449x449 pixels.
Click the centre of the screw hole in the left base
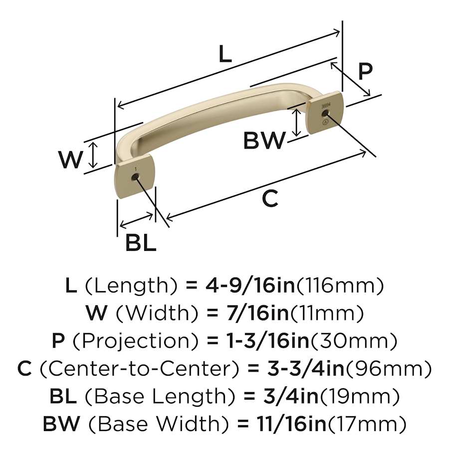(x=134, y=178)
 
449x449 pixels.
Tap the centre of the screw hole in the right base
(x=324, y=114)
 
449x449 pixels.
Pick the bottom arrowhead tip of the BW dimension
(x=297, y=136)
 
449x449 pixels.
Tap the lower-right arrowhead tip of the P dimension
(x=370, y=96)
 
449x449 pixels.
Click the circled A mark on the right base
(x=325, y=122)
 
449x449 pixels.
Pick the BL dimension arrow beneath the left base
(x=137, y=220)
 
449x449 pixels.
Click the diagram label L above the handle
(x=225, y=53)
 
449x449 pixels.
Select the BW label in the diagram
(x=264, y=140)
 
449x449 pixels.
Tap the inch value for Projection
(x=268, y=341)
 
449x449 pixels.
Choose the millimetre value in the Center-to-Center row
(x=389, y=369)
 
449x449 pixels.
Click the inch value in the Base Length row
(x=291, y=396)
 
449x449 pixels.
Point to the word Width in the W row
(x=157, y=313)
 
